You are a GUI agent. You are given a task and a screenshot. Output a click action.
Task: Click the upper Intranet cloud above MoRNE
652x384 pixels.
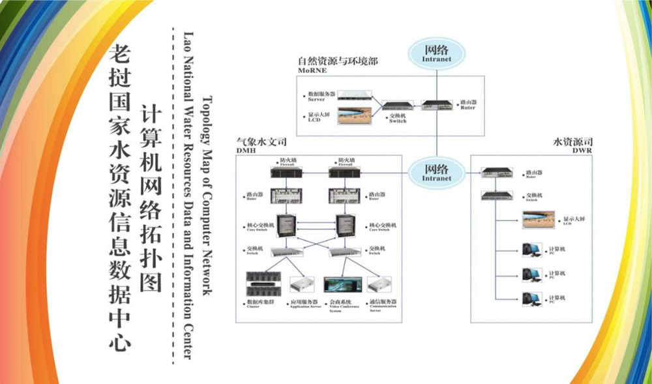click(436, 53)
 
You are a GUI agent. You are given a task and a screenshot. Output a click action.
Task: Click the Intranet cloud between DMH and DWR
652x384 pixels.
click(436, 172)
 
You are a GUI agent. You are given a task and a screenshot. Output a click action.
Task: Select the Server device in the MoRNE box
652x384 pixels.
click(354, 96)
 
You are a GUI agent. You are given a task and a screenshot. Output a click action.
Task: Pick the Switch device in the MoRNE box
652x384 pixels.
click(397, 106)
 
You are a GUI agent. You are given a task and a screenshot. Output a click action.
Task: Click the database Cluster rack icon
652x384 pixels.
click(262, 284)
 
